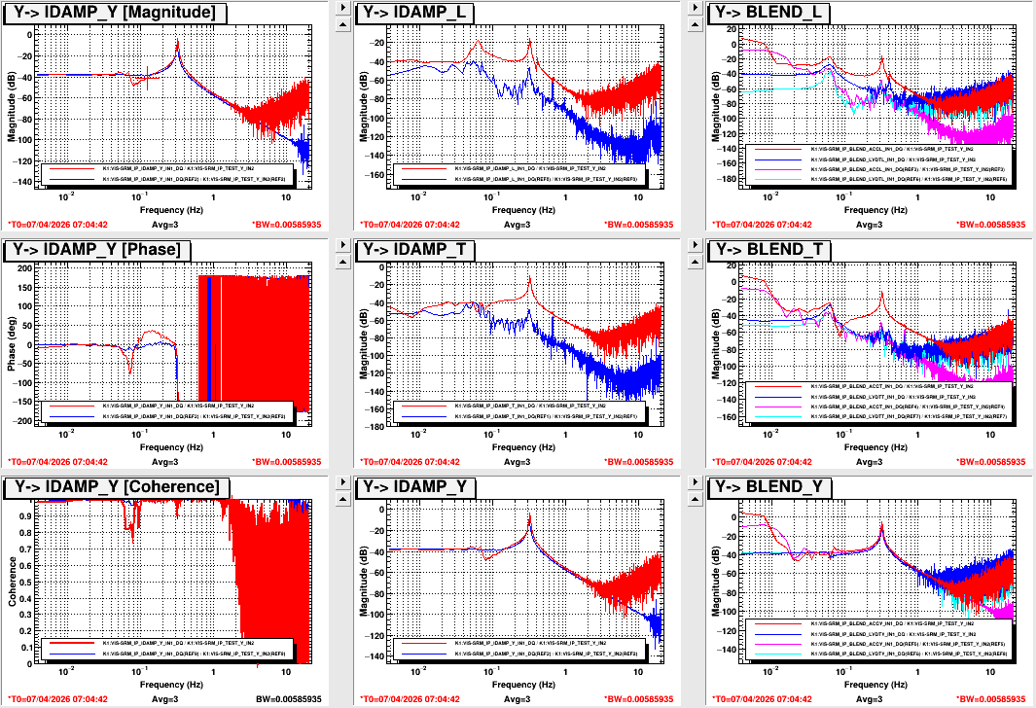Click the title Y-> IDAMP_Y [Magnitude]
(x=116, y=13)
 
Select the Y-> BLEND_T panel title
(x=771, y=250)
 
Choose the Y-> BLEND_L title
(x=770, y=13)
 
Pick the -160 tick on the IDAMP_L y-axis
(x=374, y=176)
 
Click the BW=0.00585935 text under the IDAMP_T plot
(x=638, y=461)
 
